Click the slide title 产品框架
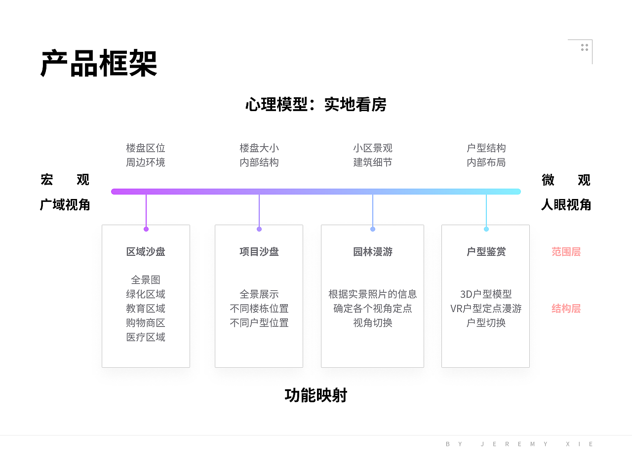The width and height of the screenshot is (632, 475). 99,64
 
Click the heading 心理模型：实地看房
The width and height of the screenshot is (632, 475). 316,105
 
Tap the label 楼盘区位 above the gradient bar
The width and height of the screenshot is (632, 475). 146,148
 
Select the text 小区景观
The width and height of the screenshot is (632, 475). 373,148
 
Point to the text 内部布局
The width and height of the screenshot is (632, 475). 486,162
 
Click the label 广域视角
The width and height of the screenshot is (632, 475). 65,205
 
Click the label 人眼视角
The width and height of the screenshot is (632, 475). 566,205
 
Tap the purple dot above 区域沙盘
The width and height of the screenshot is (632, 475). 146,229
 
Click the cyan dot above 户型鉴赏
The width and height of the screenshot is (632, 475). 486,229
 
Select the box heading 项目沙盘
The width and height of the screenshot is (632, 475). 259,252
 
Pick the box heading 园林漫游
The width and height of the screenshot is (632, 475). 373,252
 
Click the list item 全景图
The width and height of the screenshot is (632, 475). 146,280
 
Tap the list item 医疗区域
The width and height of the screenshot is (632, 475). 146,337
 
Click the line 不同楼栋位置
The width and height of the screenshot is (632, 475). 259,309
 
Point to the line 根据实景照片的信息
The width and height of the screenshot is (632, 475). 373,294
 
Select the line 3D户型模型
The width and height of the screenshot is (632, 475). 486,294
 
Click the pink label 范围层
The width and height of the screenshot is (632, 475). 566,252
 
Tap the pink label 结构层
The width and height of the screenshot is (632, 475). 566,309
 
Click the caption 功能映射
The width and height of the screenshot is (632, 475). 316,396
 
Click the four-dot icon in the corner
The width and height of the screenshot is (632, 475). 585,47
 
